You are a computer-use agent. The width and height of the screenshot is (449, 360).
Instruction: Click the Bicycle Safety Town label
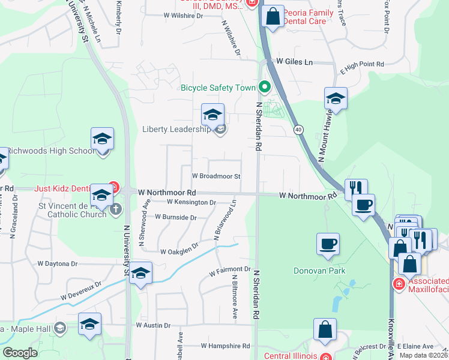(x=218, y=88)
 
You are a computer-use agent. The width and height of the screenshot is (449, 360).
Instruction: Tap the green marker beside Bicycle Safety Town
(x=263, y=88)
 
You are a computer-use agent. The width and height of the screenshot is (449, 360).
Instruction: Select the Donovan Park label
(x=319, y=270)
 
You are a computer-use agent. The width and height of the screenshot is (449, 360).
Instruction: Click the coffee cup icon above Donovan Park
(x=328, y=244)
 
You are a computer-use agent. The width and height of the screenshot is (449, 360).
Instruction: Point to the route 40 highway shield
(x=298, y=130)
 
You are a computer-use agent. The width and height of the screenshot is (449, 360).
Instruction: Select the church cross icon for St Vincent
(x=116, y=209)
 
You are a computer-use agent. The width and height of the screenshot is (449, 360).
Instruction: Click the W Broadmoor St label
(x=216, y=176)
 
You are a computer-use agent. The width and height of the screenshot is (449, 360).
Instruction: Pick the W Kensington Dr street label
(x=191, y=202)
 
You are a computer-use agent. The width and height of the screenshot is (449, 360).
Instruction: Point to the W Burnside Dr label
(x=175, y=217)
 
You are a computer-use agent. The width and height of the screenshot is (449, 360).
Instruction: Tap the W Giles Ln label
(x=294, y=62)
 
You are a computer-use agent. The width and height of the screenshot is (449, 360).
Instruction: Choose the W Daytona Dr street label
(x=58, y=263)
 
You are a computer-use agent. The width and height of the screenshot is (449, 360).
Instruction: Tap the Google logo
(x=20, y=353)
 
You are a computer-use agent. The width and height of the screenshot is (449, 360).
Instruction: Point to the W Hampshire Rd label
(x=225, y=346)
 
